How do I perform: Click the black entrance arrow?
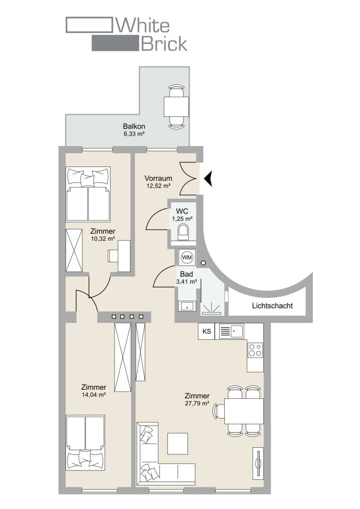click(x=209, y=179)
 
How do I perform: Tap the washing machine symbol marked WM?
click(x=187, y=258)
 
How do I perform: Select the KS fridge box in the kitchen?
click(x=206, y=331)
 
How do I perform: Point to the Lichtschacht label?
click(x=272, y=305)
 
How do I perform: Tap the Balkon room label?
click(x=134, y=126)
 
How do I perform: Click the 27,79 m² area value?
click(x=197, y=403)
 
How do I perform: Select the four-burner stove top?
click(x=255, y=350)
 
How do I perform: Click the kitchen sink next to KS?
click(x=231, y=331)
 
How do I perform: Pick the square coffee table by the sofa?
click(x=178, y=444)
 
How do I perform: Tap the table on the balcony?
click(x=176, y=107)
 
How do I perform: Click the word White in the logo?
click(x=143, y=25)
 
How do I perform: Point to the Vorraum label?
click(x=158, y=178)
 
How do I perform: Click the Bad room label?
click(x=186, y=274)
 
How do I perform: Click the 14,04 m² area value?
click(x=94, y=395)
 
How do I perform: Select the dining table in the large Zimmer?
click(x=244, y=411)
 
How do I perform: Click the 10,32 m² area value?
click(x=103, y=239)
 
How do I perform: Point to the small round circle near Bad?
click(x=203, y=263)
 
